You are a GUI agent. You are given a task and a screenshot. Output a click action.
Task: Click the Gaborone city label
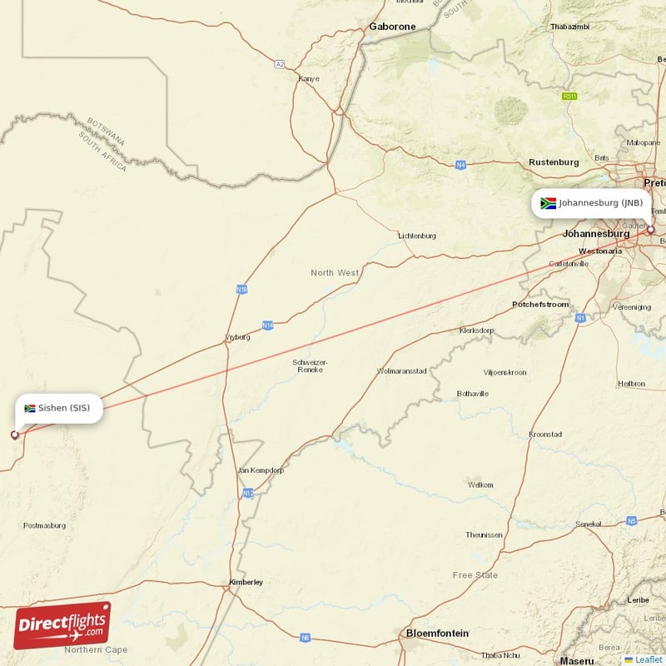click(x=392, y=27)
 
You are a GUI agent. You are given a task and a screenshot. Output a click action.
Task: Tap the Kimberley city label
click(x=246, y=582)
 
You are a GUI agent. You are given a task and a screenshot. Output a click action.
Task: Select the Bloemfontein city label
click(x=436, y=634)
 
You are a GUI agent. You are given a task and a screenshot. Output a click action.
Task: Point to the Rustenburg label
click(x=554, y=162)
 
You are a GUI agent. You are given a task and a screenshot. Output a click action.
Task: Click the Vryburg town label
click(x=237, y=337)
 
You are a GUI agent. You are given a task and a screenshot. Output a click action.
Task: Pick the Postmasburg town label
click(x=44, y=525)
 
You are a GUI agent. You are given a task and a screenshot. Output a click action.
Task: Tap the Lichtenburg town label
click(x=417, y=236)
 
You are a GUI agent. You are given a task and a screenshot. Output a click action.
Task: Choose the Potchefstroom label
click(x=540, y=305)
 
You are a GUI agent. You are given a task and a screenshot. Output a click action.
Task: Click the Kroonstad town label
click(x=545, y=435)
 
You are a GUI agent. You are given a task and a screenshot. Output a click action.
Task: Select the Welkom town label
click(x=480, y=485)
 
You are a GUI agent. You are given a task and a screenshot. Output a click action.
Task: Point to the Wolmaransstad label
click(x=402, y=370)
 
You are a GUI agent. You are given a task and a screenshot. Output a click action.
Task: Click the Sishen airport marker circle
click(x=14, y=435)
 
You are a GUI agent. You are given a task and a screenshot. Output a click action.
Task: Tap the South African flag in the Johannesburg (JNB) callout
click(x=548, y=203)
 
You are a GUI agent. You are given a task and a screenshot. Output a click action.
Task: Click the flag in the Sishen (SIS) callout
click(x=30, y=409)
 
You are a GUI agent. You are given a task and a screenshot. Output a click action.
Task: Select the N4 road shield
click(x=460, y=165)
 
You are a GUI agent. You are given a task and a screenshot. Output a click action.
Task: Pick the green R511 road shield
click(x=569, y=97)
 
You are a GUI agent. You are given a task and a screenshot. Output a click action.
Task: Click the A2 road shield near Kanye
click(x=280, y=63)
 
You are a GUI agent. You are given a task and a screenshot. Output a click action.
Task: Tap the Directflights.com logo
click(x=62, y=625)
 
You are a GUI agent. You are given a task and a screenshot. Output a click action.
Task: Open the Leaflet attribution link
click(x=644, y=659)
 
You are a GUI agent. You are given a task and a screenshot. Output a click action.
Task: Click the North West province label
click(x=335, y=273)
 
